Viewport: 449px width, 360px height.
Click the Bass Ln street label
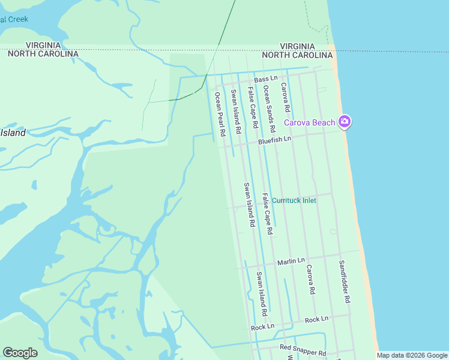tap(265, 79)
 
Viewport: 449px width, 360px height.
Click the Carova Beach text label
tap(309, 122)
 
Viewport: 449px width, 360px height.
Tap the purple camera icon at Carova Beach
tap(345, 122)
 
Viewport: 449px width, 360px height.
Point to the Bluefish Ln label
tap(274, 139)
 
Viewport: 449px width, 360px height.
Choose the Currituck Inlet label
tap(294, 200)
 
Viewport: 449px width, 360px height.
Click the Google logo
tap(20, 353)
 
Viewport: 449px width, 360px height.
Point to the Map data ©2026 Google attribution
tap(412, 355)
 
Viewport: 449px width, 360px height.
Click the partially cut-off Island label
tap(13, 133)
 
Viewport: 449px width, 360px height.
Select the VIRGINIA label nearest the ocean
tap(298, 46)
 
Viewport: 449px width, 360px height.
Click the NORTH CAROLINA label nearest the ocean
tap(298, 55)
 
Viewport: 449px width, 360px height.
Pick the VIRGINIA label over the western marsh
tap(43, 45)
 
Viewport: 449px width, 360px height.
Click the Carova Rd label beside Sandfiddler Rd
tap(310, 279)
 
